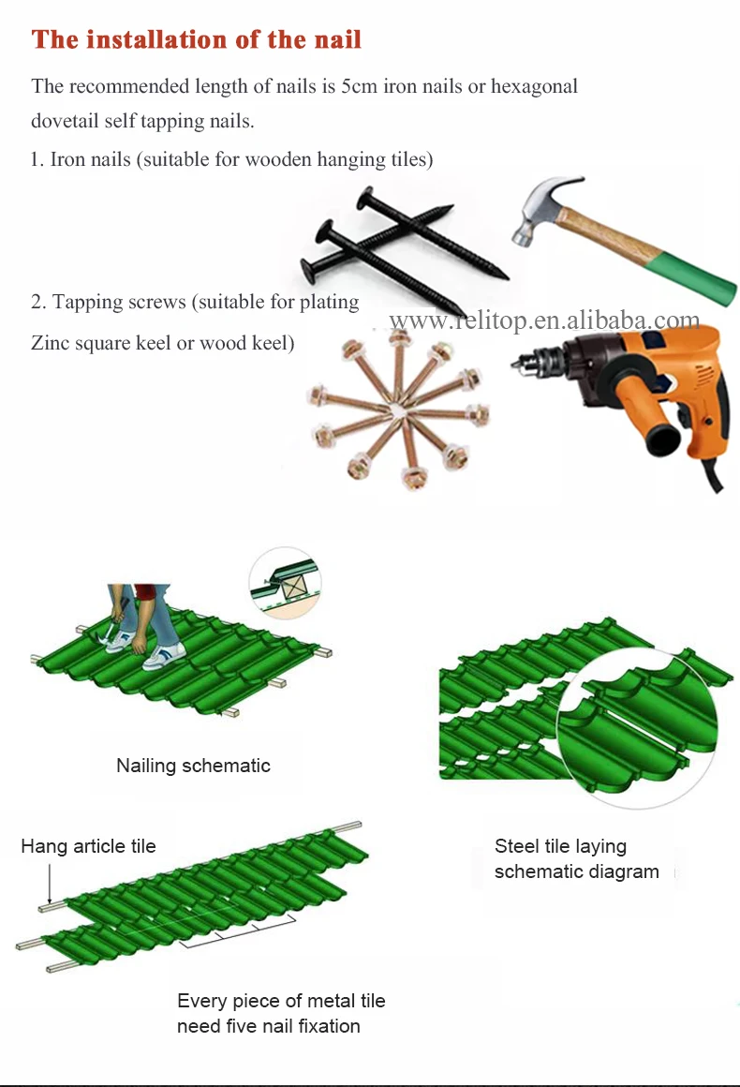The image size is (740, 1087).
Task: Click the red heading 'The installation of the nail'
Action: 196,39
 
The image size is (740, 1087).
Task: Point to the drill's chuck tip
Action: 515,363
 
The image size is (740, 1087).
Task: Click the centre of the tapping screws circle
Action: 398,409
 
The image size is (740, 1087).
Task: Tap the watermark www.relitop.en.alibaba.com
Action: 544,320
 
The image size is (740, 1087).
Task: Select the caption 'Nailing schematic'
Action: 193,766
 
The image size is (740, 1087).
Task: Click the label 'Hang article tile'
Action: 88,846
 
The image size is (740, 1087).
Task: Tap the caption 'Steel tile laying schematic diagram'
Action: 576,859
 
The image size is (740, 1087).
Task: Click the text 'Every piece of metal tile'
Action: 281,1001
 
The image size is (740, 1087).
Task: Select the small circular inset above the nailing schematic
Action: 285,581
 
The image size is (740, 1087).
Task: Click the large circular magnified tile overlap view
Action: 638,728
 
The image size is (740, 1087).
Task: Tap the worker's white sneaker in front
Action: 164,657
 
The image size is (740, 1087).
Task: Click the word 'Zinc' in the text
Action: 50,342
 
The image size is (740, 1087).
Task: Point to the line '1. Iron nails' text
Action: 232,159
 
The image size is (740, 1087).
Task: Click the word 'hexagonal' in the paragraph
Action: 534,86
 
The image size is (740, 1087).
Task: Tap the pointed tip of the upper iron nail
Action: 451,206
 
